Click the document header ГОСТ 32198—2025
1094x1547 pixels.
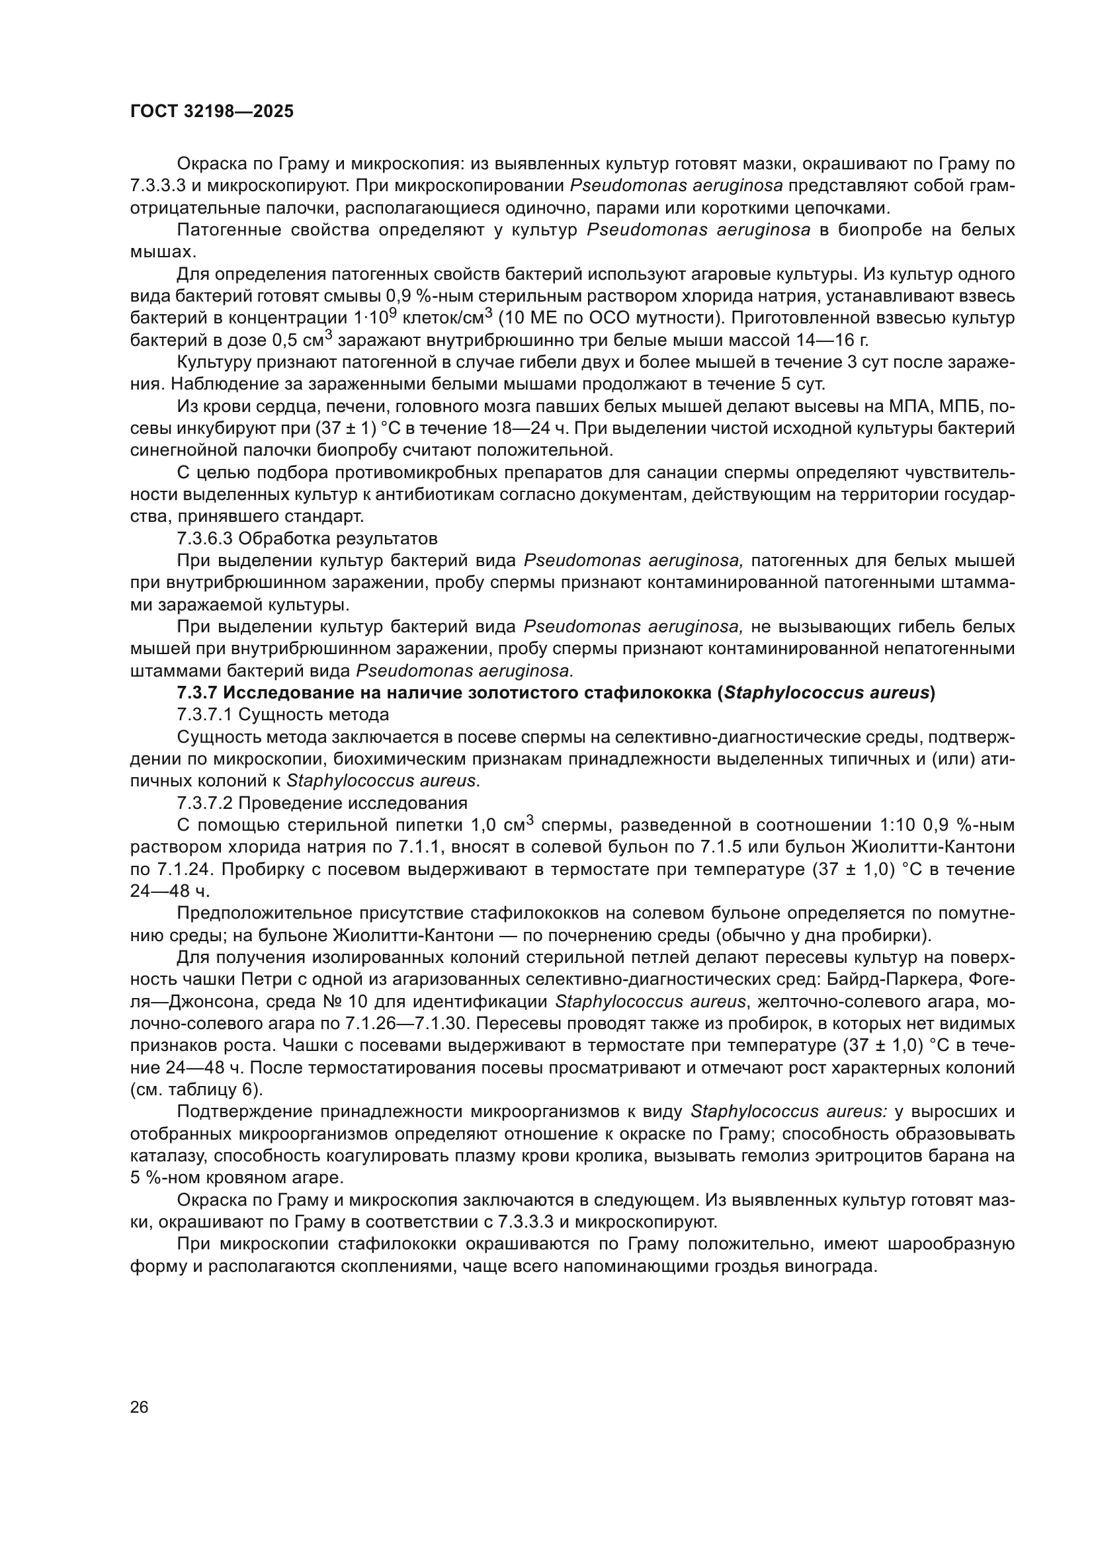pyautogui.click(x=212, y=112)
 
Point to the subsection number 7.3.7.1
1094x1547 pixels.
pyautogui.click(x=205, y=714)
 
